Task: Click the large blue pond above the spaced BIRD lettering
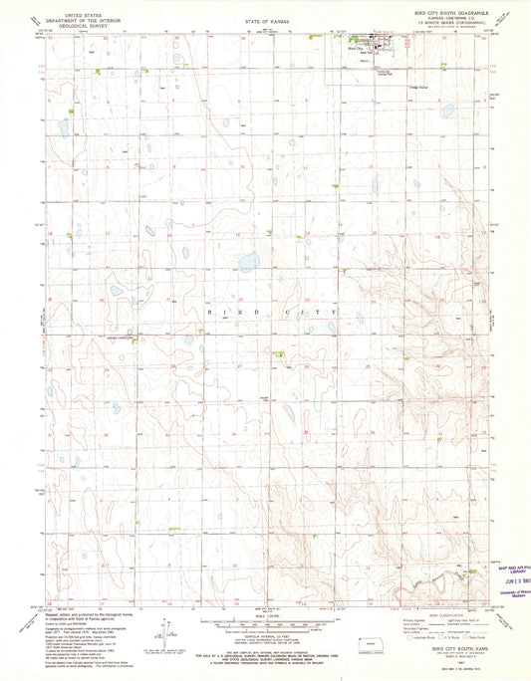pos(248,264)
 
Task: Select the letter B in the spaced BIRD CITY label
pos(208,312)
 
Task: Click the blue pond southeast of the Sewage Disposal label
pos(448,111)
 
